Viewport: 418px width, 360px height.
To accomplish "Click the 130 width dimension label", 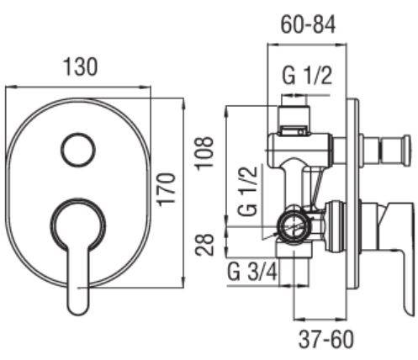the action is point(81,67).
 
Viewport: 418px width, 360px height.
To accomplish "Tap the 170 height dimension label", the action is point(167,190).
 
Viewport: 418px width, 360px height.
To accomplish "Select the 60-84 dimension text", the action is point(308,24).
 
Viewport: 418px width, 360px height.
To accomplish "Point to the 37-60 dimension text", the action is point(326,340).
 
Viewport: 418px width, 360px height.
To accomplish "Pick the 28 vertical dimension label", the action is point(204,245).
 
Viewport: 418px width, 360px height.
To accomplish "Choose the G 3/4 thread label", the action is point(252,273).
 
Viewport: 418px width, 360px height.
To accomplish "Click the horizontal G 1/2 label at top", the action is point(307,76).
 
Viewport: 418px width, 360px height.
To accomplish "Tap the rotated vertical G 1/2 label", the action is point(247,191).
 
